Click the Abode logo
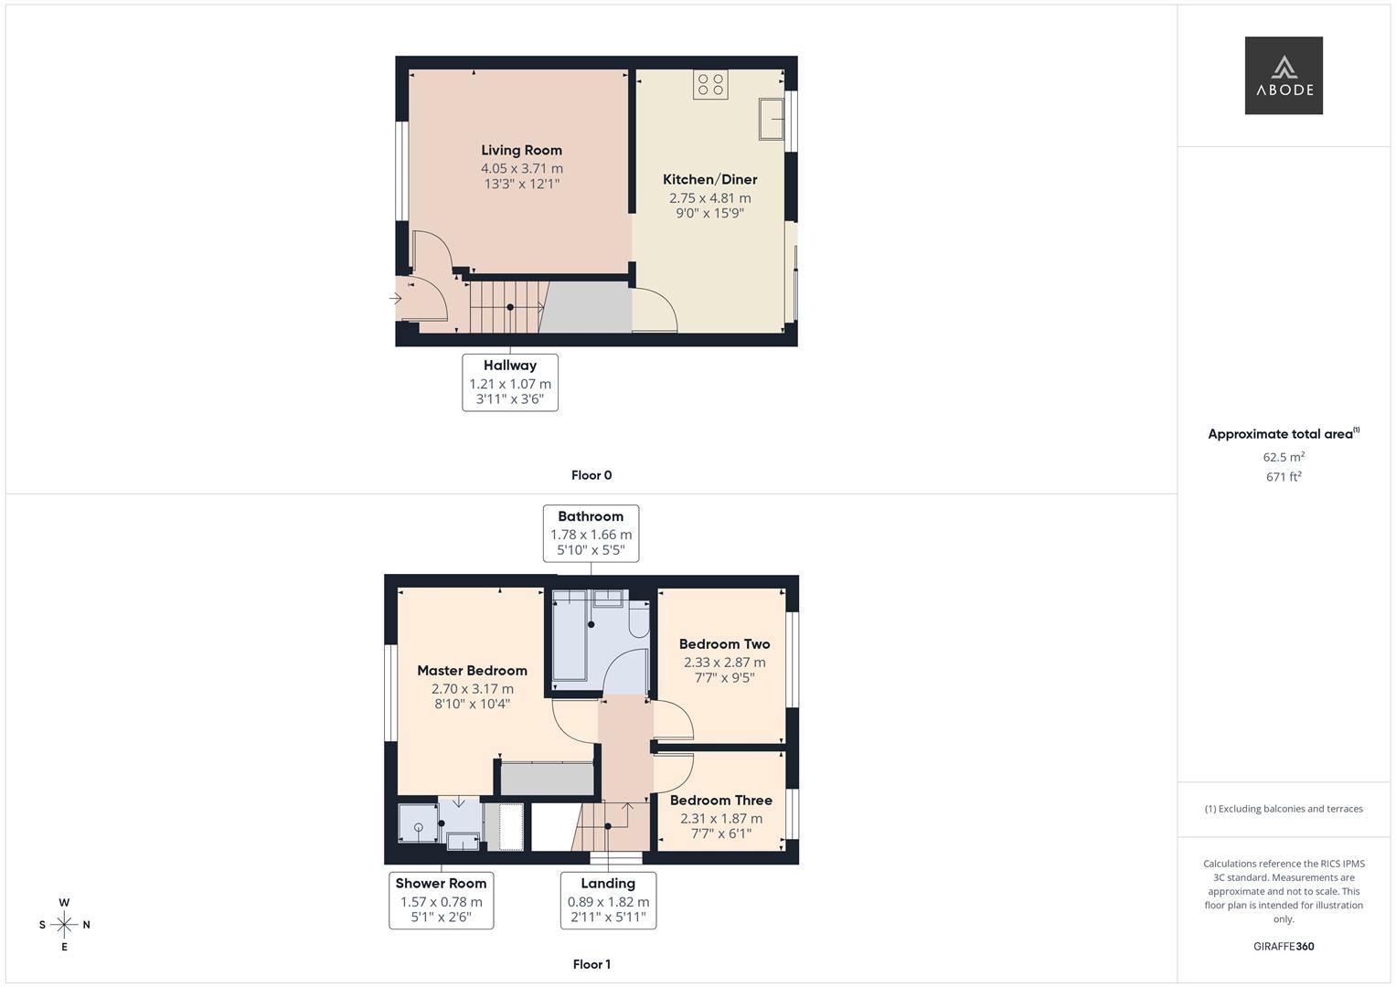(1284, 76)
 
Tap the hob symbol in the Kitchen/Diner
(710, 85)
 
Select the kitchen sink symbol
(771, 119)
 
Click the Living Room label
(521, 151)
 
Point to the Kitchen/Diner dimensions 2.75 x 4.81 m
(709, 198)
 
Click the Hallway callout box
(510, 383)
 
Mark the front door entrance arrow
(396, 299)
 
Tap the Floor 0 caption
(591, 475)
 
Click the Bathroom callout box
(591, 534)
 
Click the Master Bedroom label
(472, 671)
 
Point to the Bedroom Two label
(724, 644)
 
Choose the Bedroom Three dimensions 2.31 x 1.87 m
(720, 819)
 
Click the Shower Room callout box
(441, 901)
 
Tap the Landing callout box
(608, 901)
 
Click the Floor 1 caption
(591, 964)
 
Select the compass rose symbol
(64, 925)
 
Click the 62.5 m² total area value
(1284, 457)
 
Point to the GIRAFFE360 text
(1284, 947)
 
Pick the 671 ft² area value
(1284, 477)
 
